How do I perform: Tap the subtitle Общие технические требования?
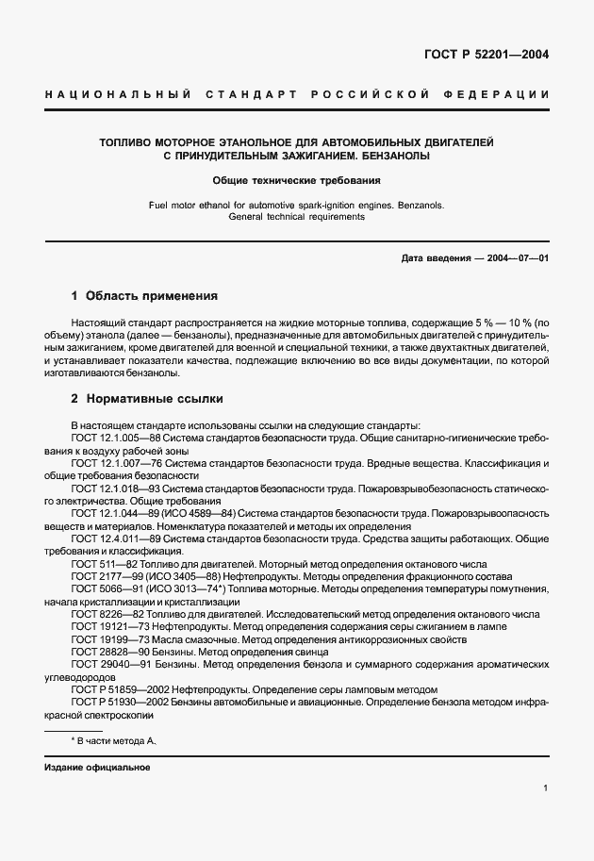[x=296, y=179]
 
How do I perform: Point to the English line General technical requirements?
[x=296, y=216]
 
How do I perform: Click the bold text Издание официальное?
[x=98, y=767]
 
